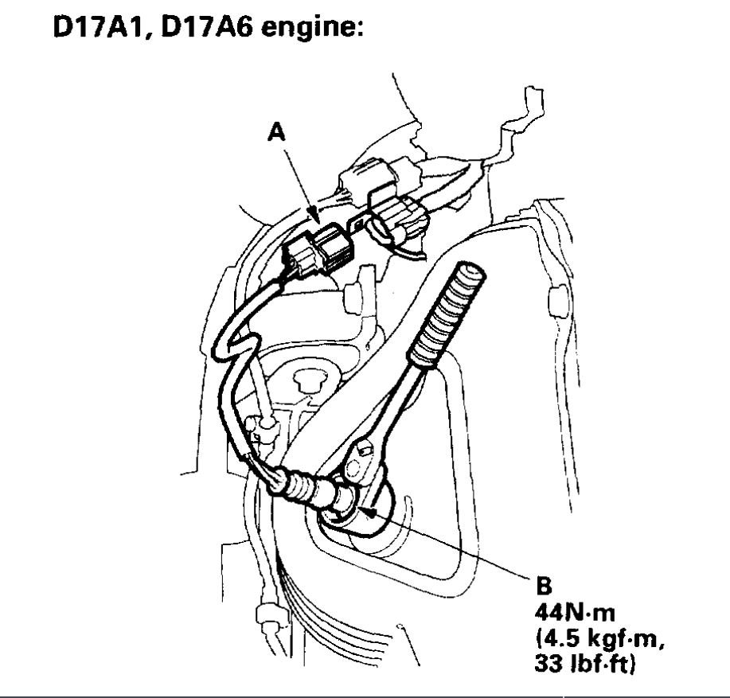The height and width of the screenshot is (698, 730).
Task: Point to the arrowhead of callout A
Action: click(x=316, y=219)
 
